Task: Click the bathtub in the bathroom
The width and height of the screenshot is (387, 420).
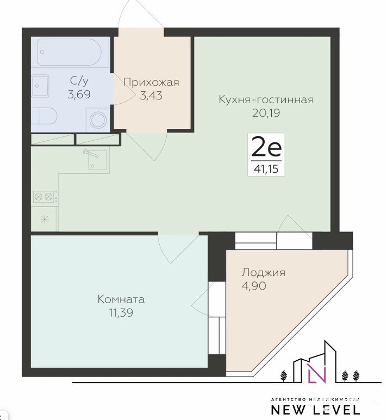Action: click(x=69, y=52)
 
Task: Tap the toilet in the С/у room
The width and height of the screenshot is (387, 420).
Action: click(x=43, y=116)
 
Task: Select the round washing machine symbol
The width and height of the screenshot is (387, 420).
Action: click(x=98, y=120)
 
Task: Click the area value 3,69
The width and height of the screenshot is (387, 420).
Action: click(x=79, y=95)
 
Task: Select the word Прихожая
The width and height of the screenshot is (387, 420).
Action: click(x=151, y=83)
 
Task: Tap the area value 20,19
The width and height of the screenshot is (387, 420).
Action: click(x=266, y=113)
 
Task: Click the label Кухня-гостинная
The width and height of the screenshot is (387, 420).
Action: click(x=266, y=99)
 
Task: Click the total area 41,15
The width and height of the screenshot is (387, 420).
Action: click(x=266, y=170)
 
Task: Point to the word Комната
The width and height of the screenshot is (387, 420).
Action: click(x=121, y=299)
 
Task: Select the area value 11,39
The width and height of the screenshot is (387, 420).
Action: click(x=121, y=312)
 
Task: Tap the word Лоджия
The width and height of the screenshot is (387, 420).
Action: click(x=264, y=273)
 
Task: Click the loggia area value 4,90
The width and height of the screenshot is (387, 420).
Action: click(x=254, y=286)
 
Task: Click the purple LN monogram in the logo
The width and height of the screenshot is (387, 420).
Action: click(x=316, y=373)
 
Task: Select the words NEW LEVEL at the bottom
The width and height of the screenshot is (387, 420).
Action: click(x=315, y=410)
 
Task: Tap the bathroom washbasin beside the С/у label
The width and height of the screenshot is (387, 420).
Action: click(x=40, y=86)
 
